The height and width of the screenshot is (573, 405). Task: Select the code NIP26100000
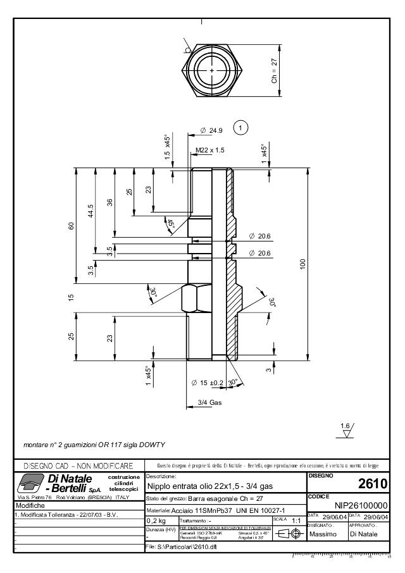pyautogui.click(x=361, y=505)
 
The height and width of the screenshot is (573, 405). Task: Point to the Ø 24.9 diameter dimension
pyautogui.click(x=211, y=130)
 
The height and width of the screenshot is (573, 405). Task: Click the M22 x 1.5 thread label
pyautogui.click(x=210, y=150)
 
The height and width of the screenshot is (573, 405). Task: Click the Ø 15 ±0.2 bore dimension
pyautogui.click(x=208, y=383)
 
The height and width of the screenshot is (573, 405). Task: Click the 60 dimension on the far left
pyautogui.click(x=72, y=226)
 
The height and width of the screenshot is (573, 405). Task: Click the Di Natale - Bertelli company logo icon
pyautogui.click(x=28, y=483)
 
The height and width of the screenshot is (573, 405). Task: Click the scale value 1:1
pyautogui.click(x=296, y=520)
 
